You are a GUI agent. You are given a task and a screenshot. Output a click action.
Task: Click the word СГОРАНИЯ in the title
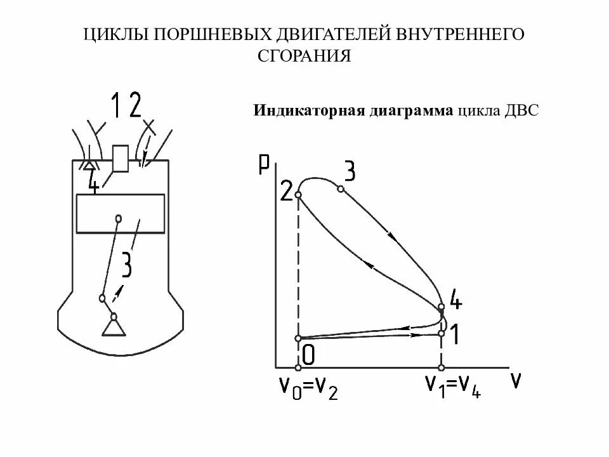coord(304,56)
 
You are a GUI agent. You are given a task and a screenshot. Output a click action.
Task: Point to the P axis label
coord(265,163)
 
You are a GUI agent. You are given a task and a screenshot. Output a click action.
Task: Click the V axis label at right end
coord(516,381)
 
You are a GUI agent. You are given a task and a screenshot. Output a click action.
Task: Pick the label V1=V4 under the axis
coord(453,387)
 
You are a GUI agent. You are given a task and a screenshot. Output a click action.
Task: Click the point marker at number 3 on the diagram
coord(341,189)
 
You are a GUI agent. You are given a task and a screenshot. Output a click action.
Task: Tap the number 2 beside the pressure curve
coord(286,191)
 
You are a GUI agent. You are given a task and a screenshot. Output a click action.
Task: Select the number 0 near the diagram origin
coord(308,355)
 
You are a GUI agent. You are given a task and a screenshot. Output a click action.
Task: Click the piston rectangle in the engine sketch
coord(120,214)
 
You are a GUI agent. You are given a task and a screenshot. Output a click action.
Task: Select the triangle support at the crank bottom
coord(114,327)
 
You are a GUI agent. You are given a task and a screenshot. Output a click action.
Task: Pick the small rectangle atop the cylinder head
coord(120,159)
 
